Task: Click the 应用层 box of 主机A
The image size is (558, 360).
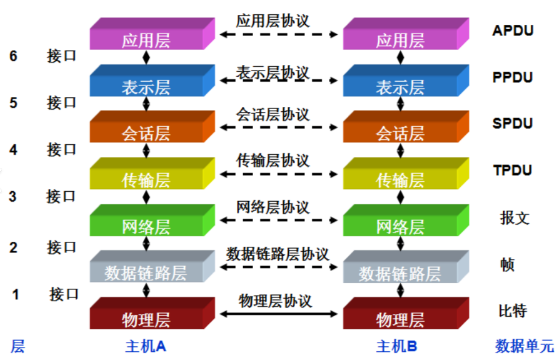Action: tap(146, 40)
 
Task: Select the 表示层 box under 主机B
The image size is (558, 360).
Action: tap(400, 87)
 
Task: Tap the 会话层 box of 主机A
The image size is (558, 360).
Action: tap(146, 133)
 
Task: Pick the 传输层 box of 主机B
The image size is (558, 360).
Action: tap(400, 180)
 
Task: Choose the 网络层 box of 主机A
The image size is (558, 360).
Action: tap(146, 226)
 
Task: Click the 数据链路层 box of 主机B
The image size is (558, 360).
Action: tap(400, 273)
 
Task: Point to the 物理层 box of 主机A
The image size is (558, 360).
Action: tap(146, 319)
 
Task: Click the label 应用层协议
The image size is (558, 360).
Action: tap(273, 21)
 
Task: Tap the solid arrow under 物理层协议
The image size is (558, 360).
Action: tap(278, 314)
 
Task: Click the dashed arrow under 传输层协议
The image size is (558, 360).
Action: tap(278, 174)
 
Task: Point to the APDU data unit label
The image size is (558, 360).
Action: tap(513, 31)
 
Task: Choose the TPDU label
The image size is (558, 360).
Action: tap(513, 170)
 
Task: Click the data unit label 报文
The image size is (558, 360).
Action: tap(514, 218)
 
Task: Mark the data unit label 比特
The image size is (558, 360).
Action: tap(513, 311)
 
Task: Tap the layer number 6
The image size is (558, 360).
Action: tap(14, 56)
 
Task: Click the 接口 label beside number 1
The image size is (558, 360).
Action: tap(64, 294)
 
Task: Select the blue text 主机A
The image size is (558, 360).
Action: tap(146, 347)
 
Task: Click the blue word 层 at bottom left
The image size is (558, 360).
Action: tap(18, 347)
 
